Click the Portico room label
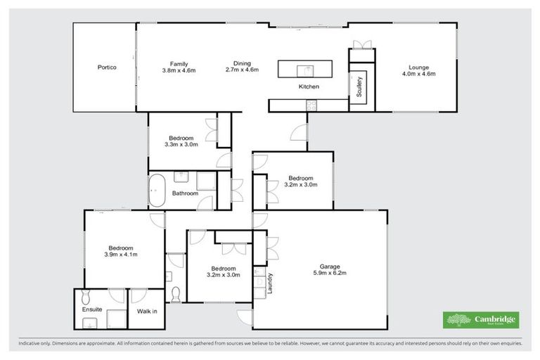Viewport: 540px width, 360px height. (x=106, y=67)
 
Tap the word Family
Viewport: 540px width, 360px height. (x=168, y=63)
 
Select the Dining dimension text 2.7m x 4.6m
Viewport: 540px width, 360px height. (x=242, y=70)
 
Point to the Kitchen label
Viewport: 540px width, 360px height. (x=309, y=86)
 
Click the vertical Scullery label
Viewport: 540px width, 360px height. (x=359, y=86)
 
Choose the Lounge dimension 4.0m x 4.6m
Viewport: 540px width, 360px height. (x=418, y=73)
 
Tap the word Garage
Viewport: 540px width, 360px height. (x=330, y=266)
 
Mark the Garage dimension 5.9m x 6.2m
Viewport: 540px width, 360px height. (x=330, y=273)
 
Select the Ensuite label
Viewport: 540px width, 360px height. (x=92, y=309)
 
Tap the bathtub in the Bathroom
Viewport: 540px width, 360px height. (x=156, y=191)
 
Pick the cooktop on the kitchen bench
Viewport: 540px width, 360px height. (x=310, y=105)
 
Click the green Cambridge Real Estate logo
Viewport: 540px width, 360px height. (x=480, y=320)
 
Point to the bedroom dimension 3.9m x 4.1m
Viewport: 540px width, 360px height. (x=121, y=254)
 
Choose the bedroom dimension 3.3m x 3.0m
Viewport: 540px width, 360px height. (x=181, y=144)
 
